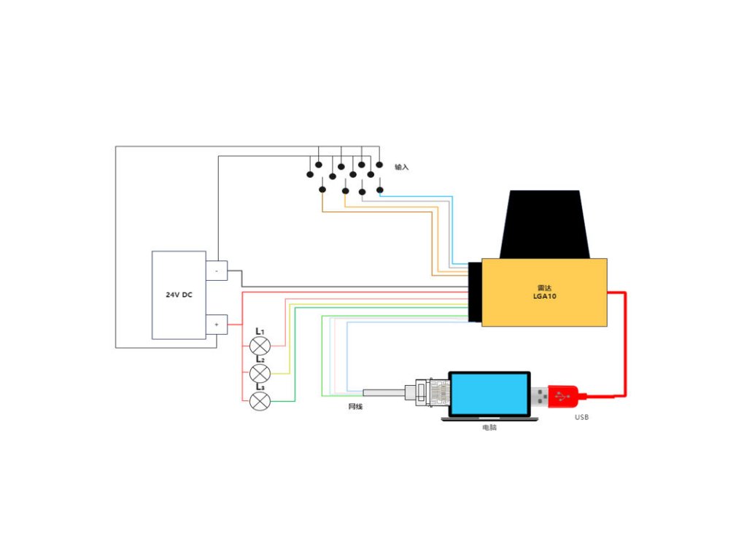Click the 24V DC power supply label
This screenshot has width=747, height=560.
(x=179, y=295)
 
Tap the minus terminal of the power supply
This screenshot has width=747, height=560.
(x=217, y=271)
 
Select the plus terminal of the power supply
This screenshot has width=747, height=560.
(x=217, y=324)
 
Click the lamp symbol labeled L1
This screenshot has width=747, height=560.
(x=260, y=346)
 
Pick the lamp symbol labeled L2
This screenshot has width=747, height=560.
(x=260, y=373)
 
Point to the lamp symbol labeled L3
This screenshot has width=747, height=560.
(x=260, y=400)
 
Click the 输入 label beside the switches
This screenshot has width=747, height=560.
(x=402, y=167)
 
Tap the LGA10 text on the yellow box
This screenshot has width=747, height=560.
(x=544, y=296)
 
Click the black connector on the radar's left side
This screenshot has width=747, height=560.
(x=475, y=292)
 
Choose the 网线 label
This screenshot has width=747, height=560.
(x=355, y=406)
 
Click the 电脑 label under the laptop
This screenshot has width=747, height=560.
(x=489, y=427)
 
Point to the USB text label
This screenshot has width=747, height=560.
(x=581, y=417)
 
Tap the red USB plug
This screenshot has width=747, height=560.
(x=566, y=395)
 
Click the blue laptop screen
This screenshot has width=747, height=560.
(x=489, y=394)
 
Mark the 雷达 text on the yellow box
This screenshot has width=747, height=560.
(x=544, y=288)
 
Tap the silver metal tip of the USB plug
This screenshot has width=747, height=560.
(x=541, y=396)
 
